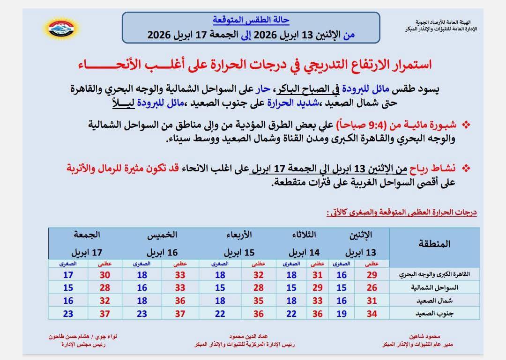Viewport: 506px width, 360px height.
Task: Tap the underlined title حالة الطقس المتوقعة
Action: [251, 20]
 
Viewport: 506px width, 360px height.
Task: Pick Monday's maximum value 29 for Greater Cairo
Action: [372, 275]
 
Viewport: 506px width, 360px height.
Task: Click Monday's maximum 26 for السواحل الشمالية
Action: [372, 287]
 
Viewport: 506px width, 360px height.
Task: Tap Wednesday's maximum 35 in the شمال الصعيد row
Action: [259, 301]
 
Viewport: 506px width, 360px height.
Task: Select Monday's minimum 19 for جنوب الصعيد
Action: [342, 314]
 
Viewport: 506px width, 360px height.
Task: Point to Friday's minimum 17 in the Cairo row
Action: [68, 275]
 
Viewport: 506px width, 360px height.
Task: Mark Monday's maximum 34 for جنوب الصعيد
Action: [372, 314]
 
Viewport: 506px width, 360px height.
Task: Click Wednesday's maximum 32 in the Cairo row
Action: [259, 275]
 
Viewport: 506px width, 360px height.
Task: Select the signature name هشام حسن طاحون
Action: [70, 337]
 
